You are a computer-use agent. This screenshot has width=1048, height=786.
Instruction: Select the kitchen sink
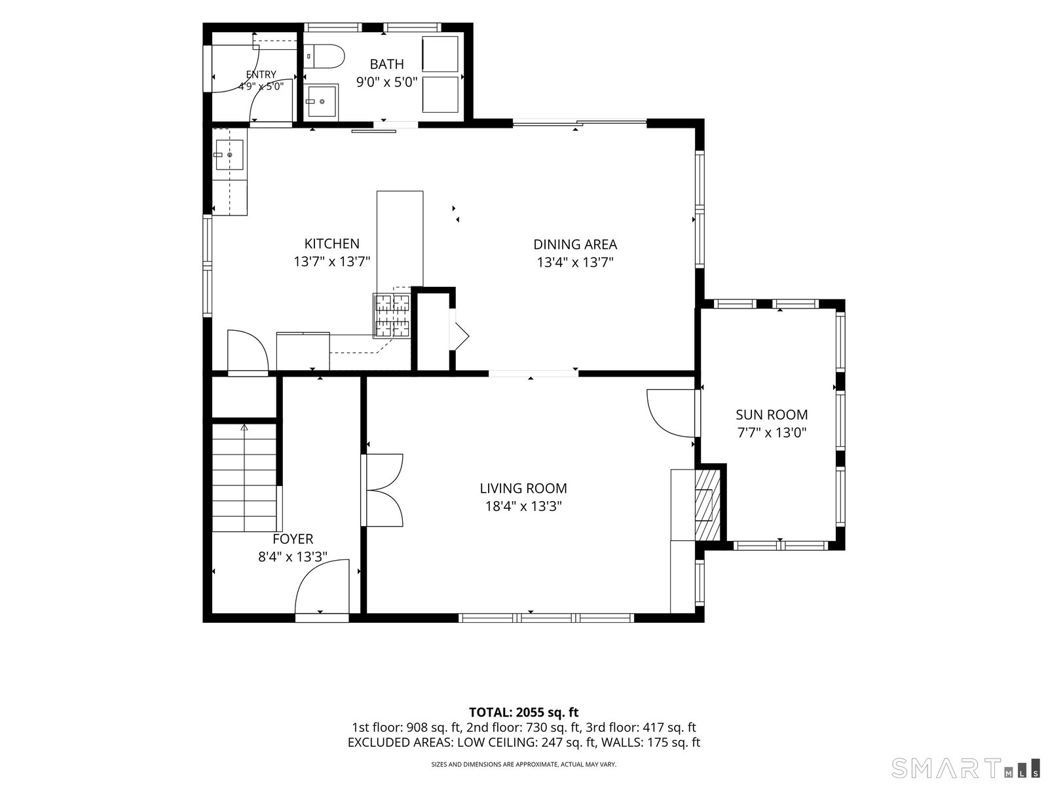click(230, 155)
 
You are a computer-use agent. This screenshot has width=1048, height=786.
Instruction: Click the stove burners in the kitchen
click(392, 316)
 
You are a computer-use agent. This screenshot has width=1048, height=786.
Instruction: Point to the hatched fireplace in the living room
click(707, 505)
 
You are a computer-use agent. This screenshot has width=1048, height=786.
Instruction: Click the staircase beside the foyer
click(244, 477)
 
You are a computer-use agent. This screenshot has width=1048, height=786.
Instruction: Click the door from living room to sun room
click(671, 413)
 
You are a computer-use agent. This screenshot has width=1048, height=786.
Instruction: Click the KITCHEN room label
click(332, 244)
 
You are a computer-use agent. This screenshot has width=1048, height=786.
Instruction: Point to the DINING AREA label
click(575, 244)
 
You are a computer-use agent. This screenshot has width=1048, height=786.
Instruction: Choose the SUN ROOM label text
click(772, 415)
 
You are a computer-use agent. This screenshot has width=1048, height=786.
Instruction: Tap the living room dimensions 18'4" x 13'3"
click(523, 506)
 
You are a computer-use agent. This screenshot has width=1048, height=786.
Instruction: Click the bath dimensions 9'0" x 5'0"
click(386, 82)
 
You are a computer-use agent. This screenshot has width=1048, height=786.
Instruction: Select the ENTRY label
click(261, 75)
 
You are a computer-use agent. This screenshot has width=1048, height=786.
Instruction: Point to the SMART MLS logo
click(965, 768)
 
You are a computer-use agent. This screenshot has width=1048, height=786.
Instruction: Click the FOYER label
click(293, 539)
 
